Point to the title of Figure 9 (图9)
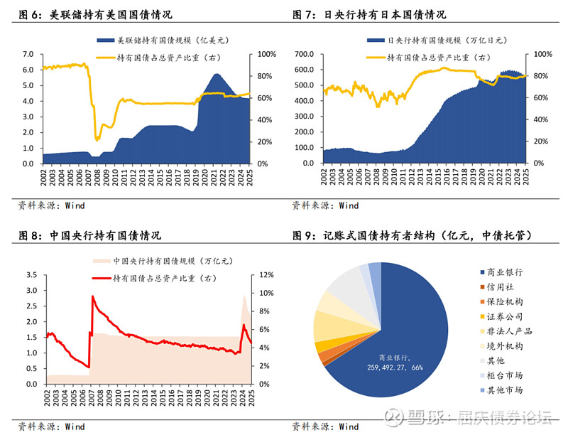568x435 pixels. click(x=413, y=235)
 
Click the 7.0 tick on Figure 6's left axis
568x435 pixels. click(x=28, y=54)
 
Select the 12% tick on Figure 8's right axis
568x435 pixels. click(x=265, y=275)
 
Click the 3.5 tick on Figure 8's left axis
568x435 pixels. click(x=32, y=275)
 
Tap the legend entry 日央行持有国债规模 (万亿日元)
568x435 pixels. click(x=437, y=41)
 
